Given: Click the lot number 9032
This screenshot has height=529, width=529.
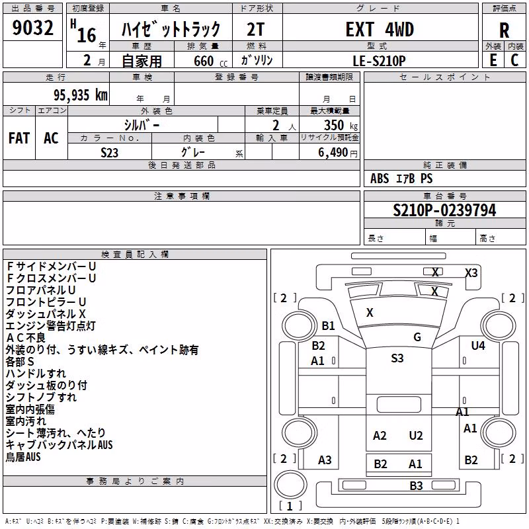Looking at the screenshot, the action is pos(32,28).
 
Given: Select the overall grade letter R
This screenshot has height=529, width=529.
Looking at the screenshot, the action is pos(504,30).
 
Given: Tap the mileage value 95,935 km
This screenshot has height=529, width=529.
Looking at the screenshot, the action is pos(81,95).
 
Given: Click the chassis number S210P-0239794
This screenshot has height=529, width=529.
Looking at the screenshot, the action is pos(444,210).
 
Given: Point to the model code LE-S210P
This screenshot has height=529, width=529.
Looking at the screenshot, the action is pos(379,61).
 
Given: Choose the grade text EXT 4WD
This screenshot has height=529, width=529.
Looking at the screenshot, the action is pos(380,29).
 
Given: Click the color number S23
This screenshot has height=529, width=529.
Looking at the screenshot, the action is pos(109,153).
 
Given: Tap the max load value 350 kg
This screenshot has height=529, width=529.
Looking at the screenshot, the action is pos(341,125).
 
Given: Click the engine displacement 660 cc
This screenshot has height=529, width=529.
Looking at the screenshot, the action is pos(210,61).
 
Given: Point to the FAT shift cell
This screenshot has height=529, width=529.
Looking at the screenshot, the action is pos(19,138).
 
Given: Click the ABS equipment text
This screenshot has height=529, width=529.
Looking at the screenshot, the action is pos(380,178).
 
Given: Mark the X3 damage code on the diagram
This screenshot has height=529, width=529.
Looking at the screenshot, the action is pos(471,272).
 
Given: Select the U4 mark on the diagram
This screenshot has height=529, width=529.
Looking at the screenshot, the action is pos(478,345).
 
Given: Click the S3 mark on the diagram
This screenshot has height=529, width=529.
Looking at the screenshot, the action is pos(397,358).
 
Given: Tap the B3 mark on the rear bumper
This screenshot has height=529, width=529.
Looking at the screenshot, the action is pos(416,486).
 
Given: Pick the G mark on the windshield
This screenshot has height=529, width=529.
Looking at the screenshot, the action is pos(417,337).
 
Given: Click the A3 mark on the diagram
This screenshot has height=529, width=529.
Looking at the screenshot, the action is pos(325,460).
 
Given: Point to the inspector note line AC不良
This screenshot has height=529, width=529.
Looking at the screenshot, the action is pos(26,338).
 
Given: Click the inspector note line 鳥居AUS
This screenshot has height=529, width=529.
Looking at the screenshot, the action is pos(23,457).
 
